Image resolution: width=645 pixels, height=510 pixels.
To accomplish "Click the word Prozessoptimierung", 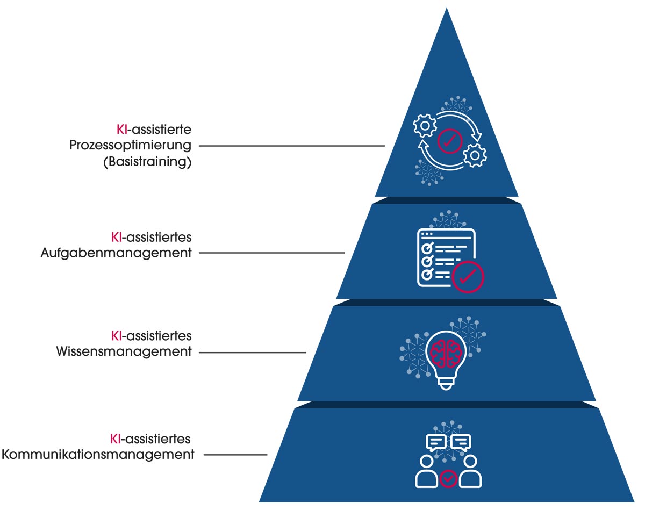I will [131, 146].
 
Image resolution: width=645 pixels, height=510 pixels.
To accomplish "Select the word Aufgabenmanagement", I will [116, 253].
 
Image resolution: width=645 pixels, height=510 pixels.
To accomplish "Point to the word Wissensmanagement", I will [124, 352].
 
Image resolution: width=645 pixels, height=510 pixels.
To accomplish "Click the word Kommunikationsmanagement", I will [98, 455].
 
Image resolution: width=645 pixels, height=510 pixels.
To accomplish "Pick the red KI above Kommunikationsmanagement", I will [116, 439].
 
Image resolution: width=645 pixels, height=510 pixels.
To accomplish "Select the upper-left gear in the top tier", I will [425, 126].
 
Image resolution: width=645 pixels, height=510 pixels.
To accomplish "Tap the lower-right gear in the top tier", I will [475, 155].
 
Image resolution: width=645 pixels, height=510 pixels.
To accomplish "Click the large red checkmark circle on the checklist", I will [468, 277].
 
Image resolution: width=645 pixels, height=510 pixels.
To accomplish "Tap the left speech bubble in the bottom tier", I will [436, 443].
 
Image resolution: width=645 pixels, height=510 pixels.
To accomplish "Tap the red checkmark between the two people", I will [449, 477].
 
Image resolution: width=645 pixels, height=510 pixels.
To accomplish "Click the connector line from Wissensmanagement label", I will [252, 353].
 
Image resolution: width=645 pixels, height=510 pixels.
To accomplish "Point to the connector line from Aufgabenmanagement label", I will [271, 253].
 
